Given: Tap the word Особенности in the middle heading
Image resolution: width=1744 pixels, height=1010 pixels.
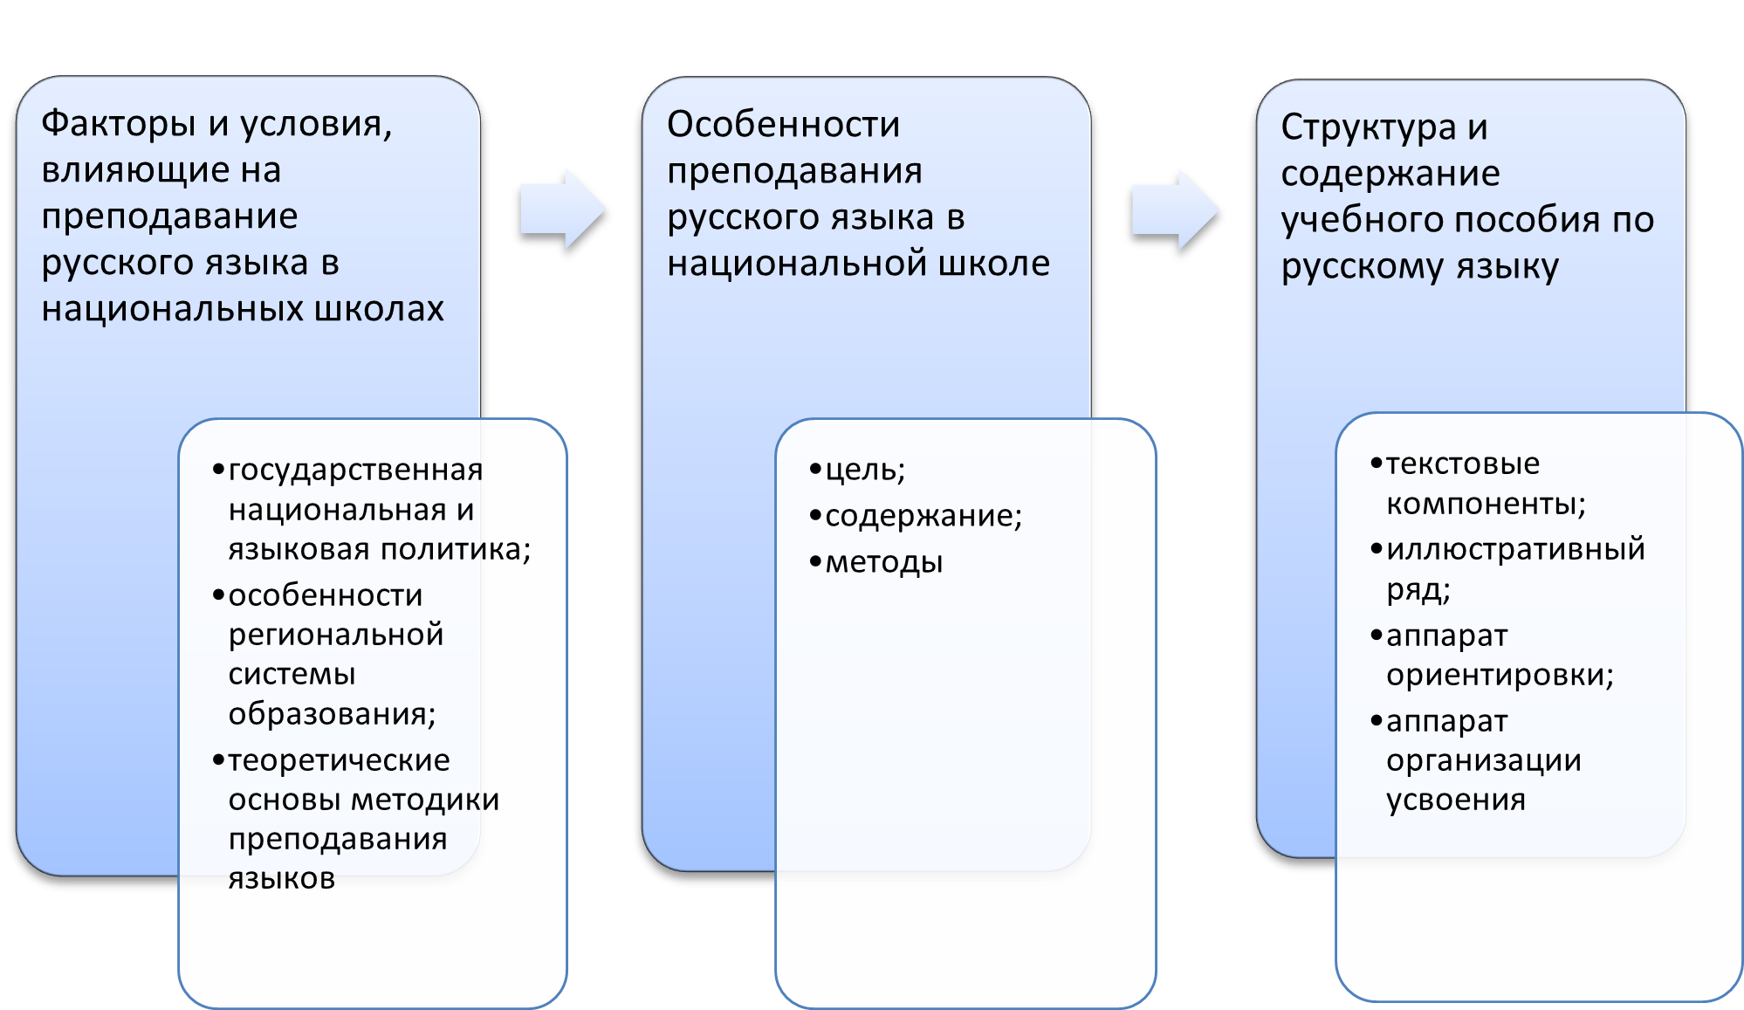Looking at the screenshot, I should (783, 125).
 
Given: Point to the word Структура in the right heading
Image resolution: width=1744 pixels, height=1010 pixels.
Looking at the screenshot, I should (1368, 127).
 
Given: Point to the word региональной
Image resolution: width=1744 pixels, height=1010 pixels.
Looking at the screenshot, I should (336, 635).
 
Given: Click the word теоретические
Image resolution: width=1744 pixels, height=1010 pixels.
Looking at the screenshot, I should (339, 760).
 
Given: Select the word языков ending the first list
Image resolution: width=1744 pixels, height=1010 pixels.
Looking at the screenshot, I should (281, 878).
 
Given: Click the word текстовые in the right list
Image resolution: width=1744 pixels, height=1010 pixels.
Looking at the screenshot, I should (1462, 464).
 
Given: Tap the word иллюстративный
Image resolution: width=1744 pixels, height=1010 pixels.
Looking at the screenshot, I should (1515, 549).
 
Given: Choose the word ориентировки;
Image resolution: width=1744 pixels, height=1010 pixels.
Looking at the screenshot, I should (1500, 675).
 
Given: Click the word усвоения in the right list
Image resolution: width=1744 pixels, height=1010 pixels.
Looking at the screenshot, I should (1455, 800).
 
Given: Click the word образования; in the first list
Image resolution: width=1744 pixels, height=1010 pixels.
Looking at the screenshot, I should (332, 714).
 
